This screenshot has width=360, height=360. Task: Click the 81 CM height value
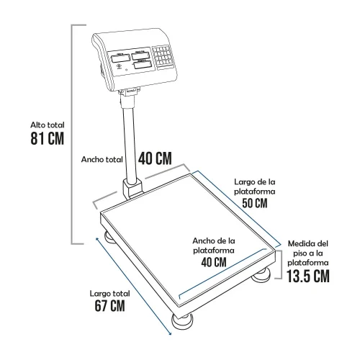click(48, 138)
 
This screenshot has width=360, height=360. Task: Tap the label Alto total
click(48, 125)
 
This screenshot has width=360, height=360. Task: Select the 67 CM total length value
click(109, 306)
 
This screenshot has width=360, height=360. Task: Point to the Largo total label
click(110, 294)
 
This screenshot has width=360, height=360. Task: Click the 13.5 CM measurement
click(308, 276)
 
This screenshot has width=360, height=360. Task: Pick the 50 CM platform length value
click(255, 203)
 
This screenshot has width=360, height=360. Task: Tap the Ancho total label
click(102, 159)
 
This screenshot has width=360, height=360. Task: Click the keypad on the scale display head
click(163, 56)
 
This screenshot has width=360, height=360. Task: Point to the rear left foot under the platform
click(111, 237)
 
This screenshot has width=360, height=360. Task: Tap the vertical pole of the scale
click(130, 142)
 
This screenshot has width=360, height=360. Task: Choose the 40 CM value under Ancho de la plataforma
click(214, 262)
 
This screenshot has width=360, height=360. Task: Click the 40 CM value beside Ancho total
click(155, 158)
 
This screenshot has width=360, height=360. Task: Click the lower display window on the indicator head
click(143, 65)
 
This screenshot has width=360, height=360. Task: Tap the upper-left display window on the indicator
click(120, 58)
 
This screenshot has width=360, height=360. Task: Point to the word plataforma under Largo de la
click(255, 192)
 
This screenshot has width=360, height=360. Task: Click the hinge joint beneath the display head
click(129, 92)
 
